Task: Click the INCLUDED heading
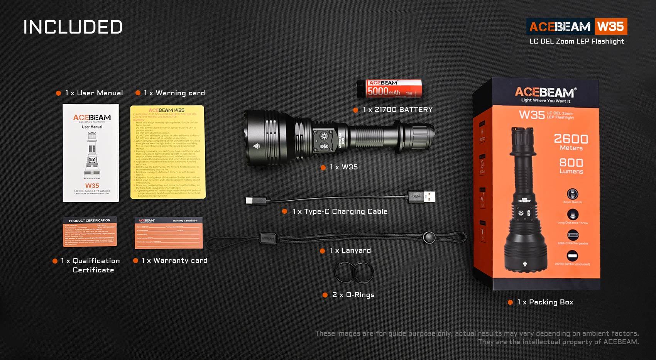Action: (x=73, y=27)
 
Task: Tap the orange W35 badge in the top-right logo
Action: (x=610, y=26)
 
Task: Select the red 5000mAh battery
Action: (x=389, y=88)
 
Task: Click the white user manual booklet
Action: (x=91, y=153)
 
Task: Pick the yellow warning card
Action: (x=168, y=152)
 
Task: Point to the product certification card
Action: (x=90, y=232)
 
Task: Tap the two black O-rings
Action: (x=354, y=272)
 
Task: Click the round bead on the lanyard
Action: (x=428, y=237)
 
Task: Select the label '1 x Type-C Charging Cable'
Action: (x=340, y=211)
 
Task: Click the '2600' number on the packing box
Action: (x=571, y=139)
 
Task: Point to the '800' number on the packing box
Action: (x=571, y=162)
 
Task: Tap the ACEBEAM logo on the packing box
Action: (x=544, y=92)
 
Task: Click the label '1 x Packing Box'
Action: (x=545, y=302)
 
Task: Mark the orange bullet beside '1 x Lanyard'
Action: (x=323, y=251)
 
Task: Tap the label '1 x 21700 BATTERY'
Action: (x=397, y=110)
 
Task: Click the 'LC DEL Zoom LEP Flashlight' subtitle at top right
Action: (x=577, y=41)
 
